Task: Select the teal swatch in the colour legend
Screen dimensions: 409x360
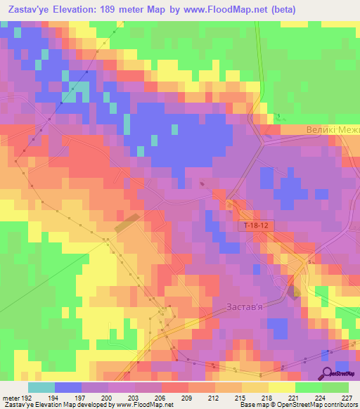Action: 41,387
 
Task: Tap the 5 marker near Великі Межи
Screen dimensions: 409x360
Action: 278,116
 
